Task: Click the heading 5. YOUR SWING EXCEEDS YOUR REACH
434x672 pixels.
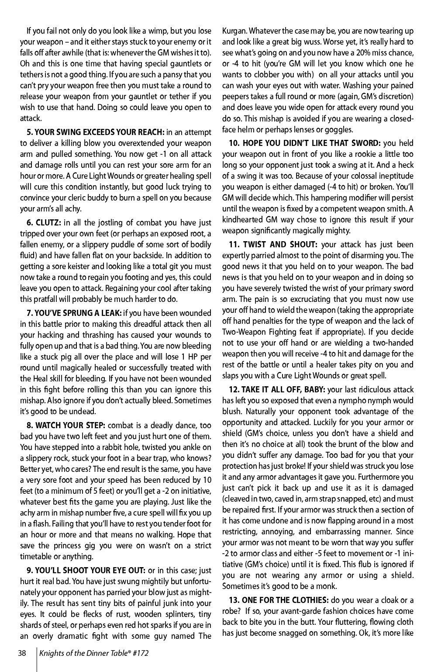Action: tap(95, 132)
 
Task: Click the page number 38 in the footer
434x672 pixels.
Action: tap(22, 653)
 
